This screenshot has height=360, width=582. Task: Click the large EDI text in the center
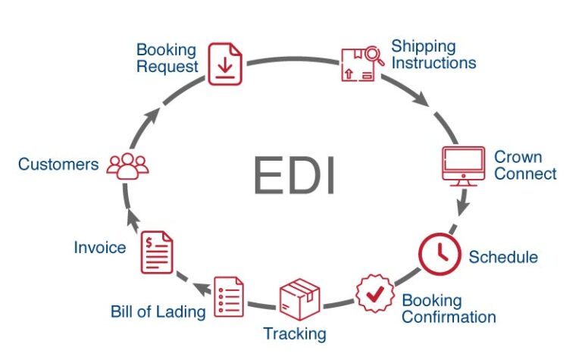click(295, 176)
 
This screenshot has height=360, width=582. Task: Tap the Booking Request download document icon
click(224, 64)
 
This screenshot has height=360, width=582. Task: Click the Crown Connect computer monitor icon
click(463, 166)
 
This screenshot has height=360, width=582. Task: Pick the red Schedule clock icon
click(440, 255)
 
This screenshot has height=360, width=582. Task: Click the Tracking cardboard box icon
click(299, 299)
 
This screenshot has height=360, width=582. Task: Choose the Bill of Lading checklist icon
click(230, 296)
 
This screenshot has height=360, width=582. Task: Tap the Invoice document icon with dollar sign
click(157, 252)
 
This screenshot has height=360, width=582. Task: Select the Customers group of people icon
click(127, 164)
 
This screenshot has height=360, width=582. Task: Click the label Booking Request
click(166, 58)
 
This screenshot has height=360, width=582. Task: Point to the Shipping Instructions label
click(433, 55)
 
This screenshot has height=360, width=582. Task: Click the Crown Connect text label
click(524, 165)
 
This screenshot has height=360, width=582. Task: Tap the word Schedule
click(502, 257)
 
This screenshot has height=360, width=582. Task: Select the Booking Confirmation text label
click(448, 308)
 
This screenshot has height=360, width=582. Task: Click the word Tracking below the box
click(295, 333)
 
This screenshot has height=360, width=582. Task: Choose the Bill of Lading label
click(158, 311)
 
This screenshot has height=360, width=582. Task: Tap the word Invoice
click(100, 248)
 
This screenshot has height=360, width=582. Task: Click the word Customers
click(58, 164)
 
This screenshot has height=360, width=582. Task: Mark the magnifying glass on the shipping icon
click(373, 54)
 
